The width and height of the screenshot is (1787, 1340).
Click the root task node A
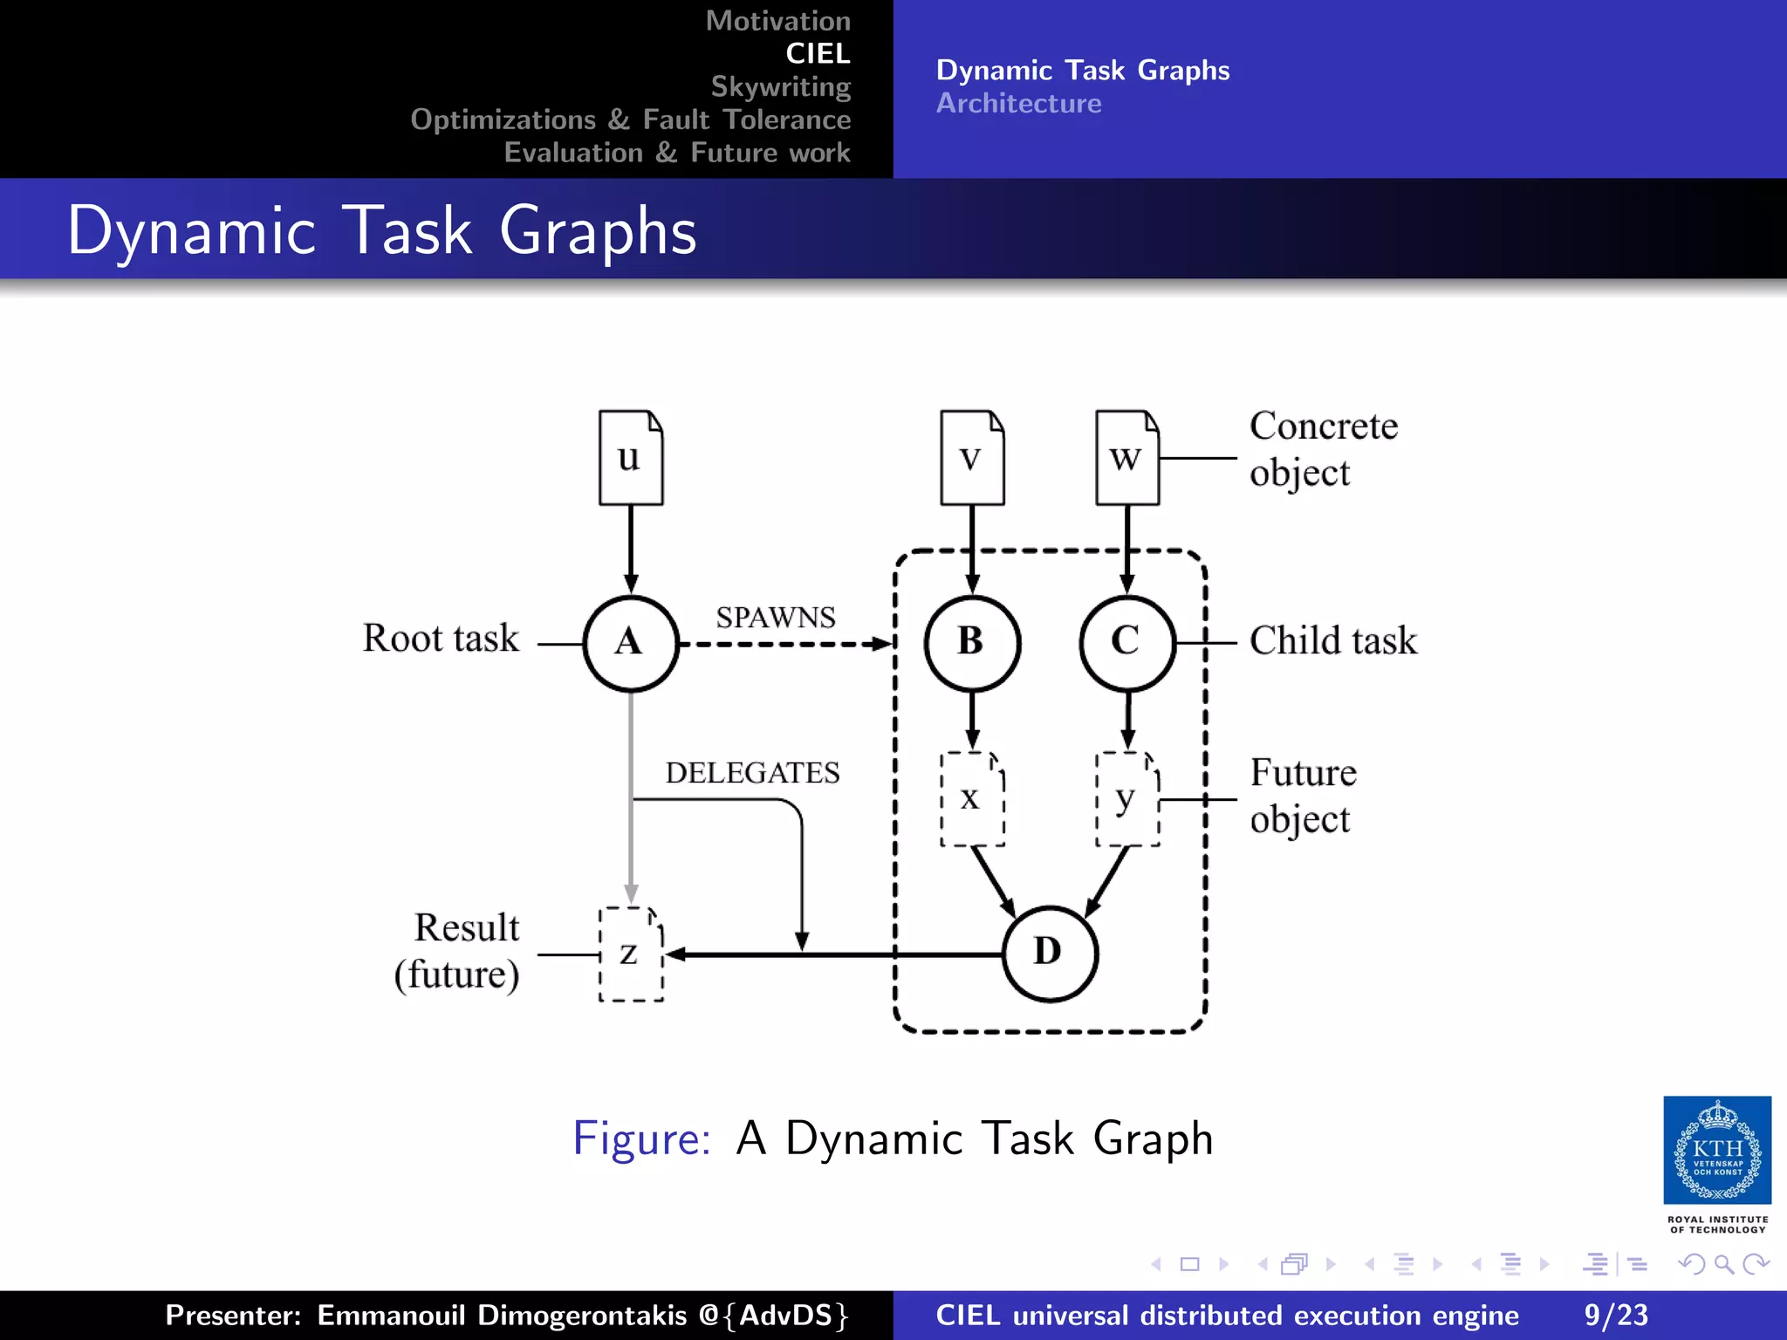click(630, 643)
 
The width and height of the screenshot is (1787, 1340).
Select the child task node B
click(972, 643)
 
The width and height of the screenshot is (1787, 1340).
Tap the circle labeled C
click(1126, 643)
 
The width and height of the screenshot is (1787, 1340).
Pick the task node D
click(1049, 953)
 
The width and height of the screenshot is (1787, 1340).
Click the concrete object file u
click(630, 457)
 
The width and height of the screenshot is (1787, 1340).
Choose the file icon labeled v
click(972, 457)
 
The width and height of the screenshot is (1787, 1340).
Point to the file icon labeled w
click(1126, 457)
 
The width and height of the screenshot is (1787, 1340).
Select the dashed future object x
click(972, 798)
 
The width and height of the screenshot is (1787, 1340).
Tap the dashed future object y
click(1126, 798)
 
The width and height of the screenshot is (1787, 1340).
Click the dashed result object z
click(630, 954)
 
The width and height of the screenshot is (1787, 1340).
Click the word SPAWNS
click(776, 618)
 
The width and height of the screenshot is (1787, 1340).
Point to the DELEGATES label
click(752, 773)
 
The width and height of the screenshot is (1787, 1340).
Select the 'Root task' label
click(441, 638)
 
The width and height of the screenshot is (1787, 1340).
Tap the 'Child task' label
click(1333, 640)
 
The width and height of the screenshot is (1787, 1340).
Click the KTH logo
click(1717, 1151)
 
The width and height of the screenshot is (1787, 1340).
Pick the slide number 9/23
click(1616, 1315)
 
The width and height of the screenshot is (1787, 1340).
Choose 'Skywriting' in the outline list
click(780, 86)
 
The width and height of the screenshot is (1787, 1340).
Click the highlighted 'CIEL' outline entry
click(818, 54)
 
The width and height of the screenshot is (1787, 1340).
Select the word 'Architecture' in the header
click(1018, 103)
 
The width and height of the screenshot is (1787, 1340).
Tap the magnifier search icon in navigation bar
click(1723, 1264)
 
